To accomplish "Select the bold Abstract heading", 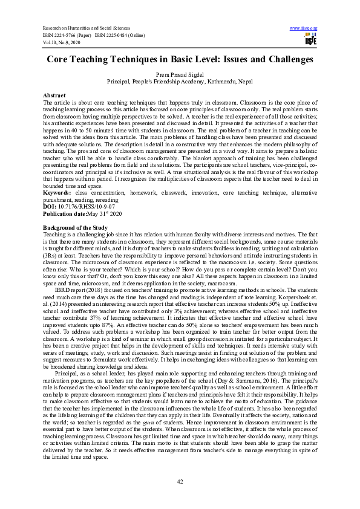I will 54,96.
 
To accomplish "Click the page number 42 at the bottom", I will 180,481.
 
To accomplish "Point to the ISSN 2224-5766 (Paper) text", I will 65,36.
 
